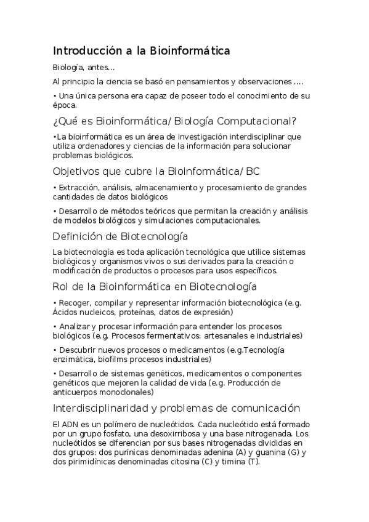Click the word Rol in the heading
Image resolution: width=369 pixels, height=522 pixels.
pos(62,287)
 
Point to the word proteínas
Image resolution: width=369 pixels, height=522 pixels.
pos(128,312)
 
